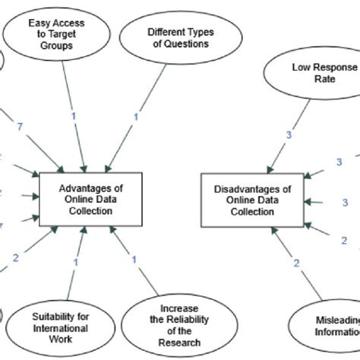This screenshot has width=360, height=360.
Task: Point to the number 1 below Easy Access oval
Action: point(74,115)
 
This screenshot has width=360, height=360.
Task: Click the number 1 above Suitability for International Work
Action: point(75,262)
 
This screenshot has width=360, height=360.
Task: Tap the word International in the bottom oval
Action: point(60,328)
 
